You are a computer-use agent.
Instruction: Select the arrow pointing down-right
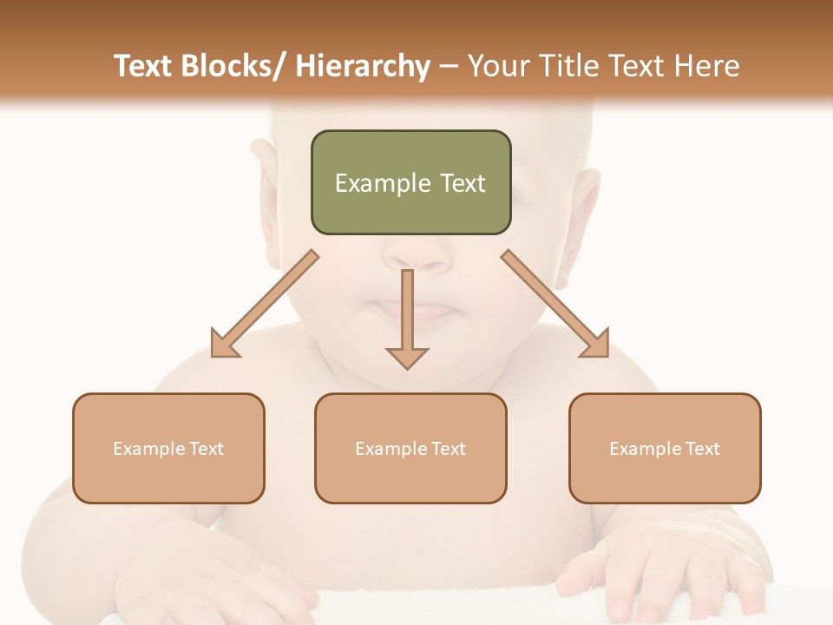[555, 304]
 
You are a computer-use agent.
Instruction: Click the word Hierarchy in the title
[362, 66]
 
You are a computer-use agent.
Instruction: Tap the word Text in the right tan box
[702, 449]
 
